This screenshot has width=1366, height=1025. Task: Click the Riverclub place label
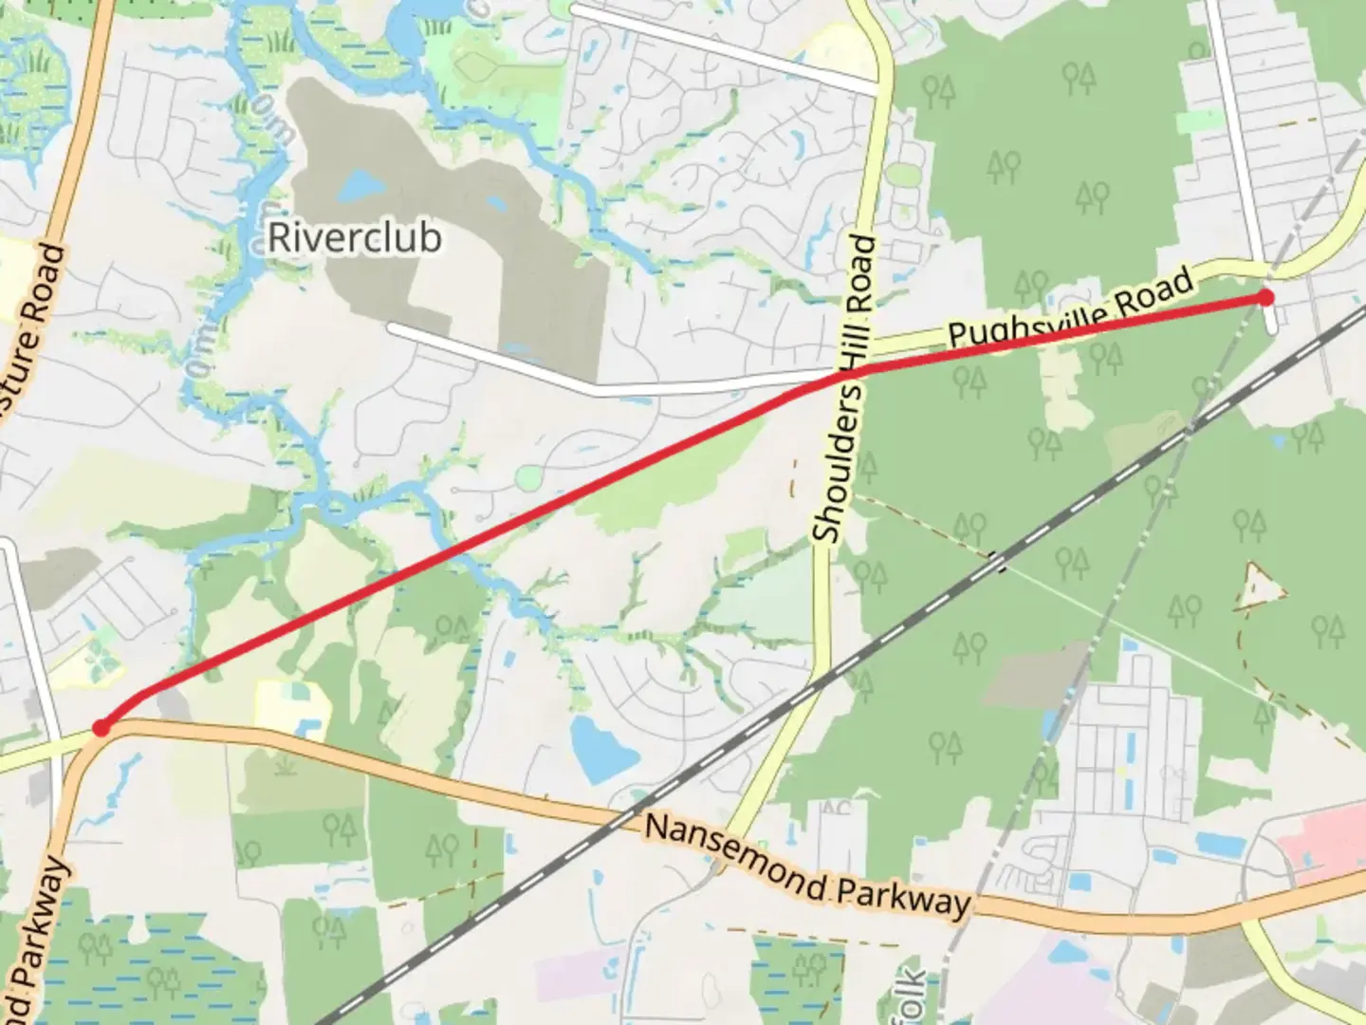click(354, 237)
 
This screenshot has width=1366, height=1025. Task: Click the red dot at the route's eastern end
click(1265, 298)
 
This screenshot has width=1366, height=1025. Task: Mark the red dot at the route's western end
click(101, 728)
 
